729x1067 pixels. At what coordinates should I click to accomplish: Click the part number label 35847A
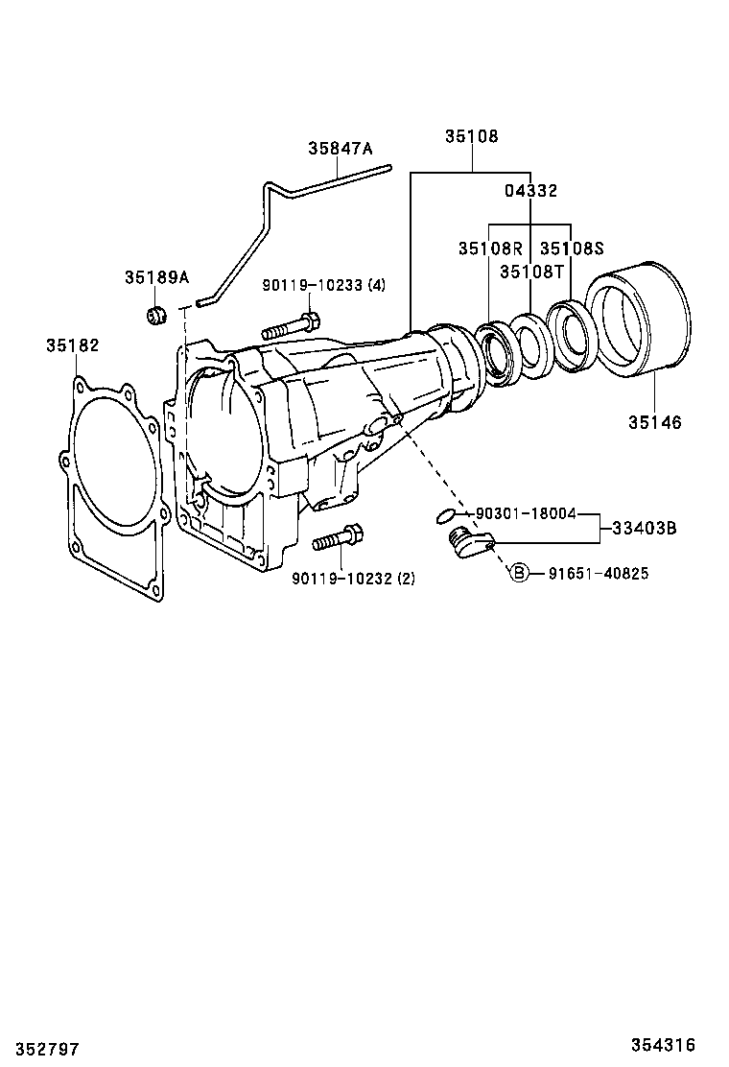[340, 148]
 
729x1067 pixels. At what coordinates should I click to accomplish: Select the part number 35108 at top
[471, 136]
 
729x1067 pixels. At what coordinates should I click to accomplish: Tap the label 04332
[531, 191]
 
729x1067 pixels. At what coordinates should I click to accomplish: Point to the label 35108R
[489, 249]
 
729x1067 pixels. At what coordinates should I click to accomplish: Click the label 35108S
[572, 249]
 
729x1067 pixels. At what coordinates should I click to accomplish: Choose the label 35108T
[531, 271]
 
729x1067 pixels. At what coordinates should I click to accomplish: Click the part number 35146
[655, 422]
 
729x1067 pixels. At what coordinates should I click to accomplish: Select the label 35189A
[156, 277]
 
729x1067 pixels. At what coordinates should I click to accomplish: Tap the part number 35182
[72, 344]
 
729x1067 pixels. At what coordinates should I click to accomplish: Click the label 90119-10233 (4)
[323, 285]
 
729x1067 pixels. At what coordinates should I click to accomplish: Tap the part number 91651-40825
[599, 574]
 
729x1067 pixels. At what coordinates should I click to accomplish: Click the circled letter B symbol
[518, 574]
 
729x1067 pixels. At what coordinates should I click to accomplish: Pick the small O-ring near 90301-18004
[445, 516]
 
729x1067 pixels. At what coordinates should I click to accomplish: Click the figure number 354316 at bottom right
[663, 1045]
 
